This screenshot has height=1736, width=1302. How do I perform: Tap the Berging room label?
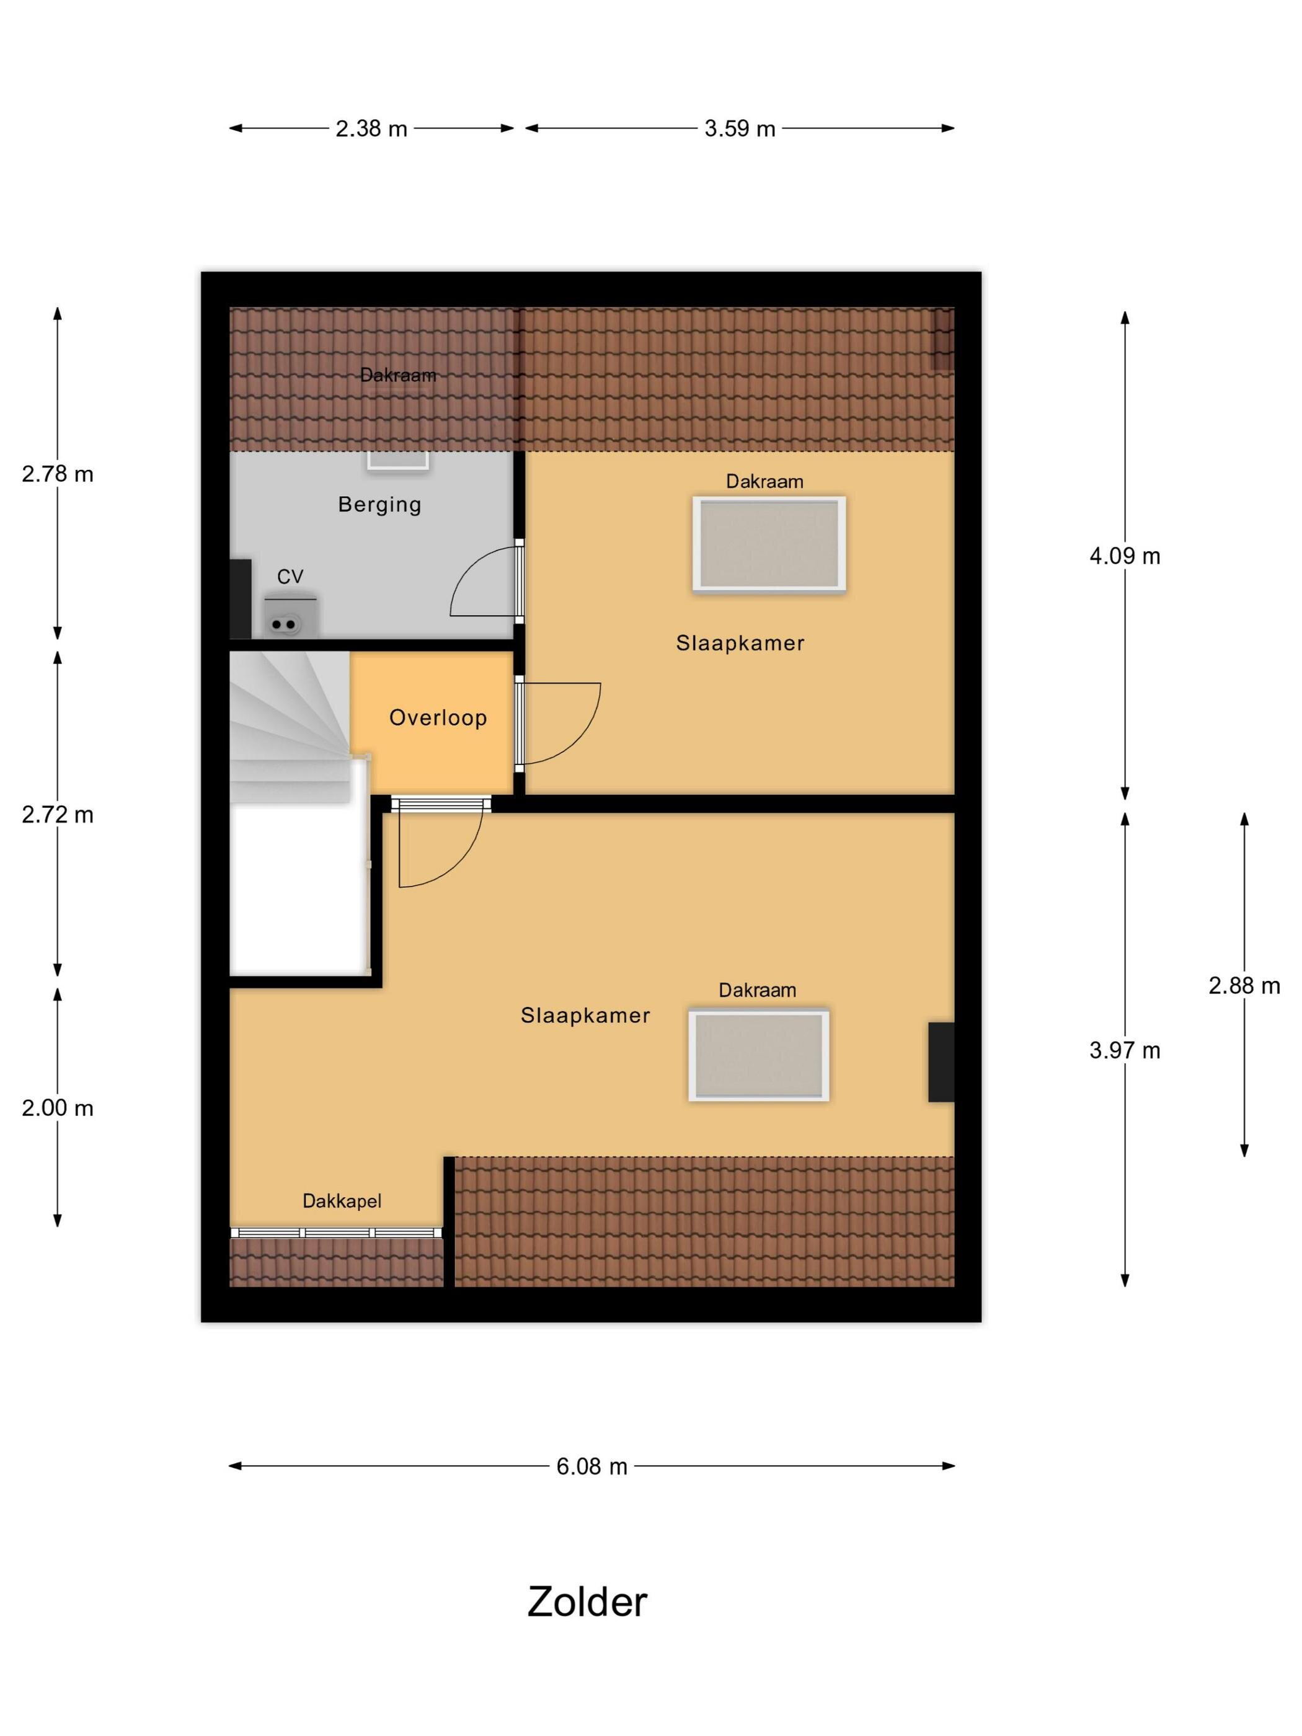click(380, 505)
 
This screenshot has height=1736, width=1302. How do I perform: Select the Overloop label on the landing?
click(438, 717)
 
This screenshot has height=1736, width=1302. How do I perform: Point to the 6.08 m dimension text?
click(591, 1466)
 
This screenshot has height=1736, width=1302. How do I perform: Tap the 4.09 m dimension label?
click(1125, 556)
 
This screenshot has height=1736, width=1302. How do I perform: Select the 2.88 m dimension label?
click(1244, 985)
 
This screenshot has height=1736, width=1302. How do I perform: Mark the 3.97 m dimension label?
click(1125, 1050)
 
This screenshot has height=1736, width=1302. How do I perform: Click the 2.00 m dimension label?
click(57, 1107)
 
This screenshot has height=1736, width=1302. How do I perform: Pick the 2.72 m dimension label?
click(57, 815)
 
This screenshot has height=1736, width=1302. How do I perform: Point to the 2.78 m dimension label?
click(57, 474)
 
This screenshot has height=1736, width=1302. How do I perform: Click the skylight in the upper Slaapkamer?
click(769, 544)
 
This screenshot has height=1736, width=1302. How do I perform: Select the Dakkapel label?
click(342, 1201)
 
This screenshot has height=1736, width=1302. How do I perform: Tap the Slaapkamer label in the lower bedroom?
click(585, 1016)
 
